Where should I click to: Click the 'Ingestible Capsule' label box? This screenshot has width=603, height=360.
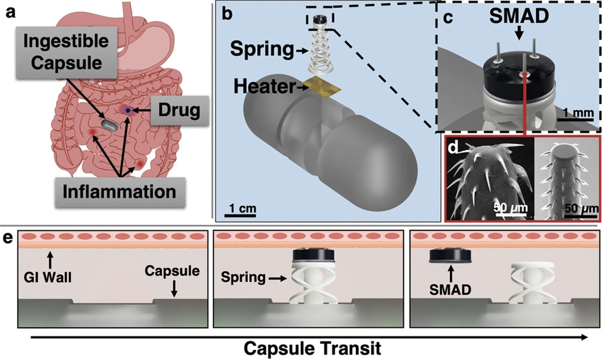click(x=66, y=52)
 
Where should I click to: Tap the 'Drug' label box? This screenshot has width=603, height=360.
click(x=179, y=110)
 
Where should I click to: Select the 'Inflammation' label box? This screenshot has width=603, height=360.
click(x=119, y=192)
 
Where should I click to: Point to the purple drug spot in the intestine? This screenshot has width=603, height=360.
click(x=127, y=110)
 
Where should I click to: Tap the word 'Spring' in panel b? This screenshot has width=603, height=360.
click(x=262, y=49)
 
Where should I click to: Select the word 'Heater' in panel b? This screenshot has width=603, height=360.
click(x=264, y=86)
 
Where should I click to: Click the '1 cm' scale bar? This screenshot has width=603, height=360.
click(x=240, y=212)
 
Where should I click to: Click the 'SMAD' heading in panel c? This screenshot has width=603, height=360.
click(x=519, y=16)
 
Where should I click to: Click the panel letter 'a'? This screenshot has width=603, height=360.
click(x=11, y=12)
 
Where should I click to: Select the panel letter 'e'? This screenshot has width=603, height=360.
click(x=8, y=238)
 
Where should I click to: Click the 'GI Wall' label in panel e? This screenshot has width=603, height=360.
click(x=48, y=277)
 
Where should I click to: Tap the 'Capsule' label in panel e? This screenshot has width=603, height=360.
click(x=172, y=271)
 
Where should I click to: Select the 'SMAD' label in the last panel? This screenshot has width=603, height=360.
click(x=450, y=289)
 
